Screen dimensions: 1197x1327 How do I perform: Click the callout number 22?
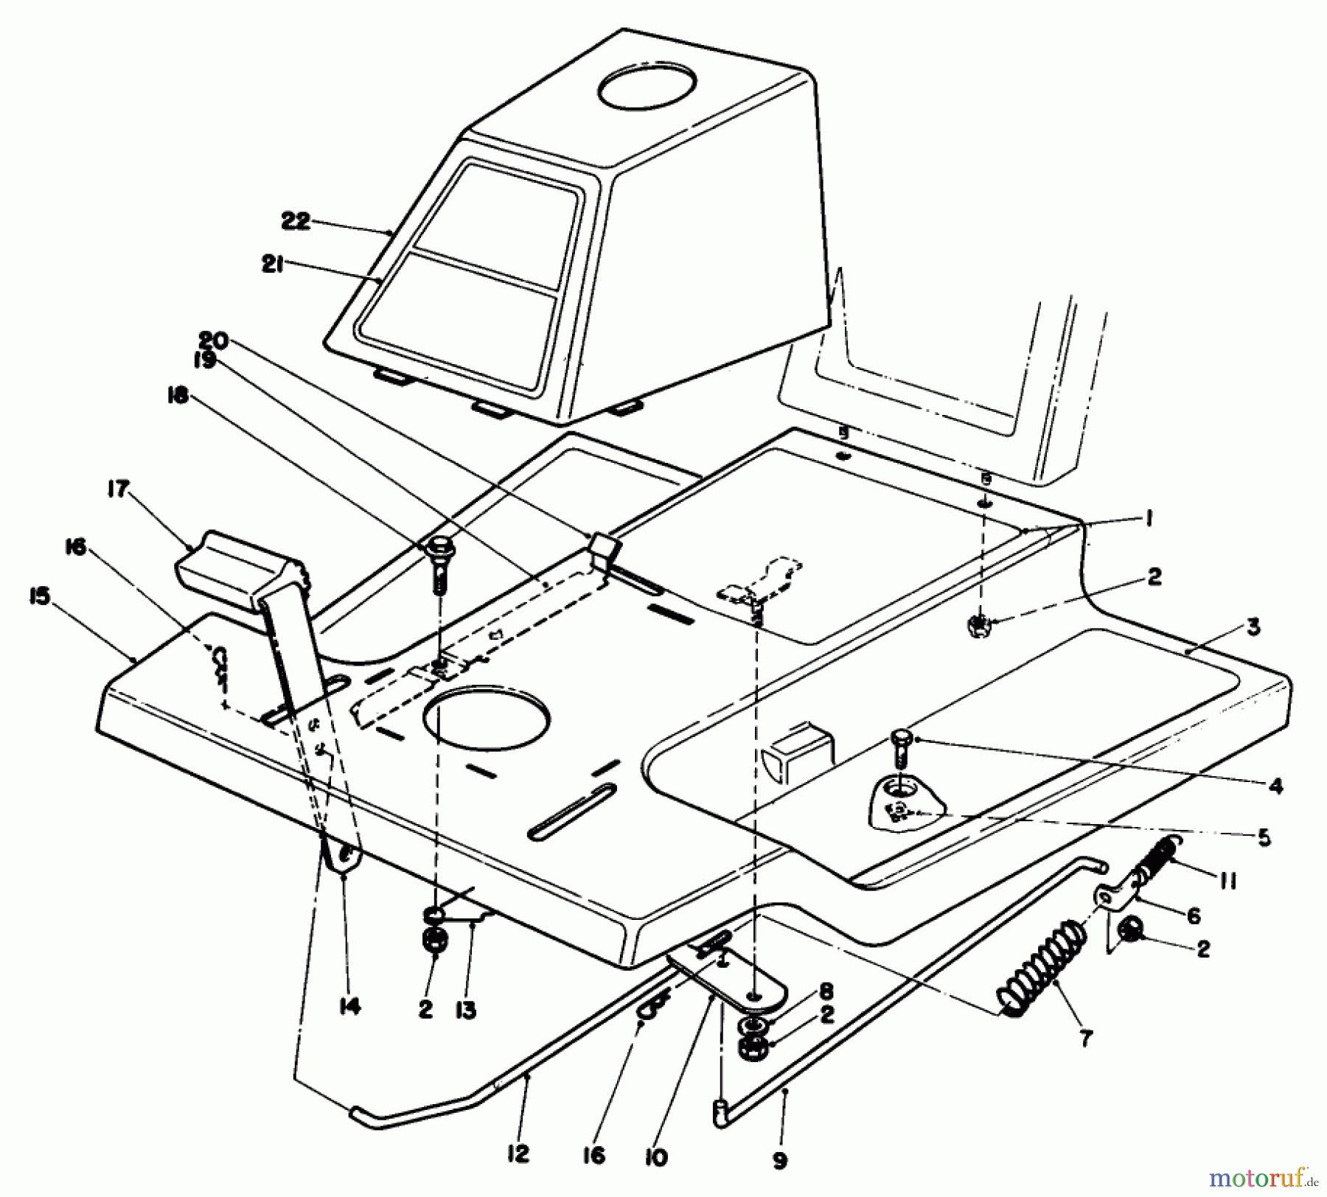296,220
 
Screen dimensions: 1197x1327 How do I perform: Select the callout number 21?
272,265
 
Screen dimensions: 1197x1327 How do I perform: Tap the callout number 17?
118,489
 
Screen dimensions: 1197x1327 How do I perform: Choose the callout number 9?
780,1161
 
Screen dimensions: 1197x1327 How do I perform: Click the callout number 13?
466,1010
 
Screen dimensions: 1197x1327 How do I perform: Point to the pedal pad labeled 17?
229,564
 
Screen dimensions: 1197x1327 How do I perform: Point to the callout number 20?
214,341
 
